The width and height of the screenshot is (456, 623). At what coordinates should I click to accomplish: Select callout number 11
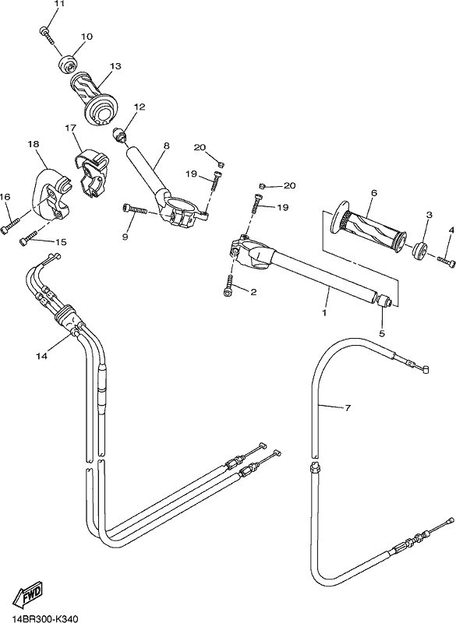click(x=58, y=5)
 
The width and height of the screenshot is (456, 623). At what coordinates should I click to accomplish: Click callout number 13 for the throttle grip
click(x=115, y=66)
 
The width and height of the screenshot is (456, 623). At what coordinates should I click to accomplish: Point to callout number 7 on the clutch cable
click(x=348, y=408)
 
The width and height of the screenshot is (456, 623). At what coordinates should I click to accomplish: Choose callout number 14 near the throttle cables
click(x=41, y=356)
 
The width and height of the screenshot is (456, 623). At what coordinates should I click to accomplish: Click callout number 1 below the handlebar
click(x=324, y=313)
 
